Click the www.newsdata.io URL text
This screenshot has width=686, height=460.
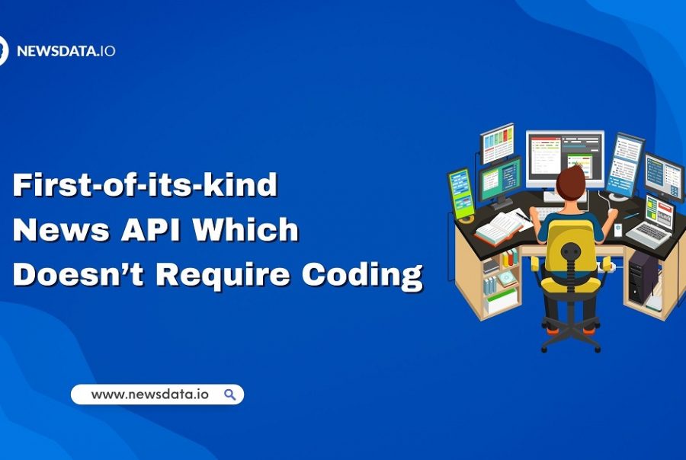[149, 395]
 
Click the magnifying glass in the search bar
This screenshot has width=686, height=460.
[229, 395]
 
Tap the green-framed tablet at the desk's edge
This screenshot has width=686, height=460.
[460, 193]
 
